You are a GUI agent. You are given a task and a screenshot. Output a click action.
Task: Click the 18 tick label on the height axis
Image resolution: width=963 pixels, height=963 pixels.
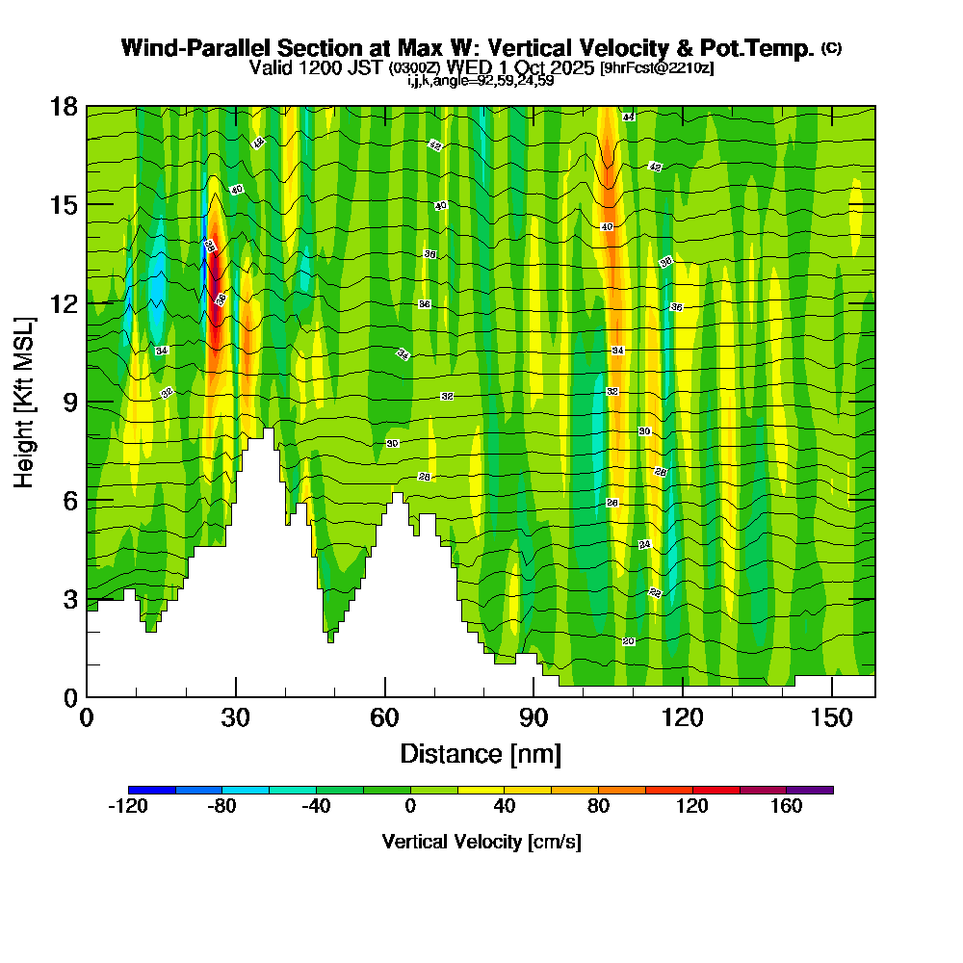pos(64,106)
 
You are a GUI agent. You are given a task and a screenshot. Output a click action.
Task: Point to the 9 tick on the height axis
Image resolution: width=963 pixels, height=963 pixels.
pos(87,402)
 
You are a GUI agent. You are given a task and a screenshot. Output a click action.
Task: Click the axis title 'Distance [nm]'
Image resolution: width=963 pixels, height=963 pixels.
pos(481,753)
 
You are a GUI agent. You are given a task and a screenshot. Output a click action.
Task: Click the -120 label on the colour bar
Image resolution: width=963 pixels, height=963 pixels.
pos(127,807)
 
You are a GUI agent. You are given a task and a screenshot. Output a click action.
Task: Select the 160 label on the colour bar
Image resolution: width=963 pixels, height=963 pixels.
pos(787,807)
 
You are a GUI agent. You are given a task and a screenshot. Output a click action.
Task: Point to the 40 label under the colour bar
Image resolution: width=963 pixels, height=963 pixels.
pos(504,807)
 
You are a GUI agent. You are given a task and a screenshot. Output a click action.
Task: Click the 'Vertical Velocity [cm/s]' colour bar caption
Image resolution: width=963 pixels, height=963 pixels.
pos(481,842)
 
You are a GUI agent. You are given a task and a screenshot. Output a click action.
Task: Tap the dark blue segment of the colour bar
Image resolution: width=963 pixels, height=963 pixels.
pos(151,790)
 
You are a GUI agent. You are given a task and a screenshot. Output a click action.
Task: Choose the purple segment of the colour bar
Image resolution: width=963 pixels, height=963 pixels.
pos(810,790)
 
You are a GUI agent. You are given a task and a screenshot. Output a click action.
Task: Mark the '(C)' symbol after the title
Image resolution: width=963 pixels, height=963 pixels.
pos(831,48)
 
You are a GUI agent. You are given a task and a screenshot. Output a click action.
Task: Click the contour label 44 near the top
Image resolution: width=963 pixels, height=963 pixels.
pos(628,117)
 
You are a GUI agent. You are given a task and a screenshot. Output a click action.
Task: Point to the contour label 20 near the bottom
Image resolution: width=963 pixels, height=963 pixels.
pos(628,641)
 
